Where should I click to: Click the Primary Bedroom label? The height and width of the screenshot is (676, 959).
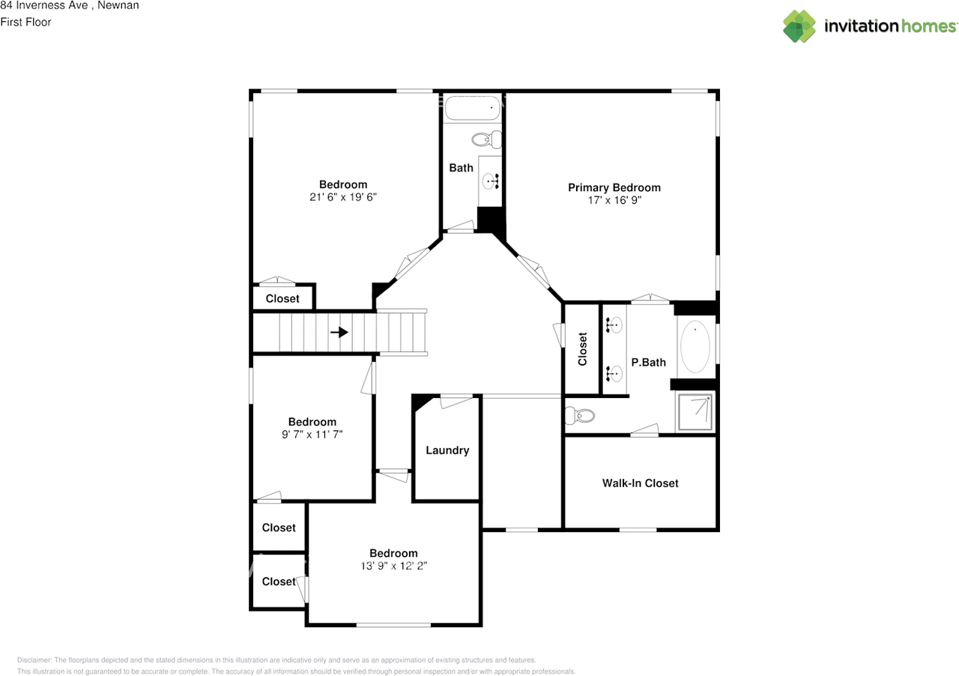point(614,187)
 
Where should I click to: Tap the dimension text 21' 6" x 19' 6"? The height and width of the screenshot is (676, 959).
point(343,197)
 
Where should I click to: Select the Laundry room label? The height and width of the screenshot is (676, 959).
point(447,450)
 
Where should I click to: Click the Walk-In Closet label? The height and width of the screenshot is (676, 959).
point(640,483)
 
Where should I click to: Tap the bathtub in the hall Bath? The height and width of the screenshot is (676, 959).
point(473,109)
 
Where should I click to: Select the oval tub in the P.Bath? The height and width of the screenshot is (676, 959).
point(695,348)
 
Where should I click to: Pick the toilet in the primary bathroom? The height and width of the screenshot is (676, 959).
point(580,414)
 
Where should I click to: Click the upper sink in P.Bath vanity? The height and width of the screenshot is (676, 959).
point(615,325)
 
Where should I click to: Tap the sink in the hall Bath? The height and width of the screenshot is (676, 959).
point(491,181)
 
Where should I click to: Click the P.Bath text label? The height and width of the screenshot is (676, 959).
point(648,363)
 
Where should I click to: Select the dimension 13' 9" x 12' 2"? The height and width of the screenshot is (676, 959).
point(393,567)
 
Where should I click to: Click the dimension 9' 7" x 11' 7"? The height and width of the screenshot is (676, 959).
point(312,434)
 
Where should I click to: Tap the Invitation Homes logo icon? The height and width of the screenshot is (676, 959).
point(799,26)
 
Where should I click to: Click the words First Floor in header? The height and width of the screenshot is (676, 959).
point(26,22)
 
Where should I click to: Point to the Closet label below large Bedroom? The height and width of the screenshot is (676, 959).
point(282,298)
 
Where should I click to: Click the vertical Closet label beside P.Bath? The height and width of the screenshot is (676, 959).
point(583,348)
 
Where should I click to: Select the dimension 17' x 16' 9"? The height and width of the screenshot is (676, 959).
point(614,200)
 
